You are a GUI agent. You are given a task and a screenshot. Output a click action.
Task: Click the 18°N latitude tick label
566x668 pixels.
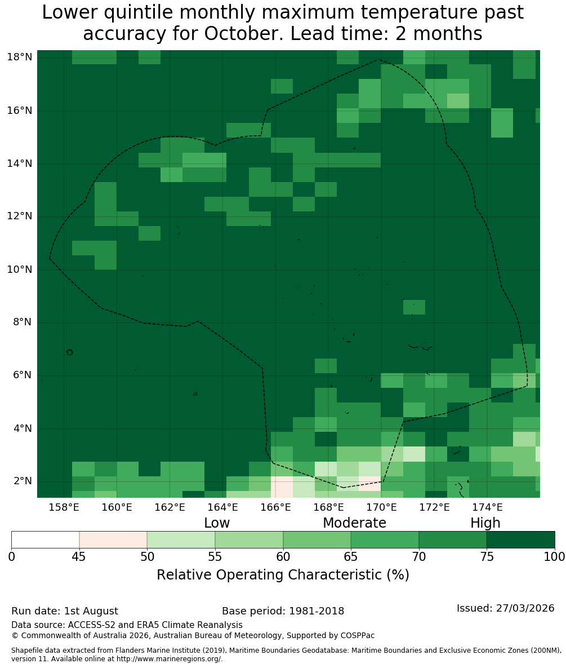click(x=20, y=57)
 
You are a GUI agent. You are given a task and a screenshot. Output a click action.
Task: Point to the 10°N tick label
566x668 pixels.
click(x=20, y=269)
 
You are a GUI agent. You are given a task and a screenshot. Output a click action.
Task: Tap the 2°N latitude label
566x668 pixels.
click(x=23, y=481)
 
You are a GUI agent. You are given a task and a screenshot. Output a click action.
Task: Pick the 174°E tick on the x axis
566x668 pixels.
click(x=488, y=507)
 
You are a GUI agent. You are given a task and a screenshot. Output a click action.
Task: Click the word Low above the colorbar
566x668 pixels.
click(x=217, y=523)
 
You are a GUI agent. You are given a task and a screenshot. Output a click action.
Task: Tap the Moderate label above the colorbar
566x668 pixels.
click(x=354, y=523)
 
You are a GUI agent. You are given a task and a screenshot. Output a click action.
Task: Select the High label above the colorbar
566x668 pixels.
click(x=485, y=523)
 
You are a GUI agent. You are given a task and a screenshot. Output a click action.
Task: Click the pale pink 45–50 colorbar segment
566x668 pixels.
click(x=113, y=540)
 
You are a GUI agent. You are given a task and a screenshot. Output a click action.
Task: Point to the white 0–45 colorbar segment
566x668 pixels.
click(x=46, y=540)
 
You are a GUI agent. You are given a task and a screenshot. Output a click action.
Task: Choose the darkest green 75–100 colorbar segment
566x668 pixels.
click(x=520, y=540)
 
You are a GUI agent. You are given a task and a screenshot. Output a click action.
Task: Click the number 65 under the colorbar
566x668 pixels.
click(x=351, y=557)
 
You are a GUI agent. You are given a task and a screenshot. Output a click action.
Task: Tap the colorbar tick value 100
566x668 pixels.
click(x=555, y=557)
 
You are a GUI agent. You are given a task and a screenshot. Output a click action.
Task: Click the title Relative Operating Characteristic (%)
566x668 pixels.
click(x=283, y=574)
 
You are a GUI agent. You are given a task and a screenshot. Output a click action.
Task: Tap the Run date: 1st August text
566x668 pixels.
click(x=65, y=611)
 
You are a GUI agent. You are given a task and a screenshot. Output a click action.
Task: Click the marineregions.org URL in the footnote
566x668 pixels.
click(x=168, y=658)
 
